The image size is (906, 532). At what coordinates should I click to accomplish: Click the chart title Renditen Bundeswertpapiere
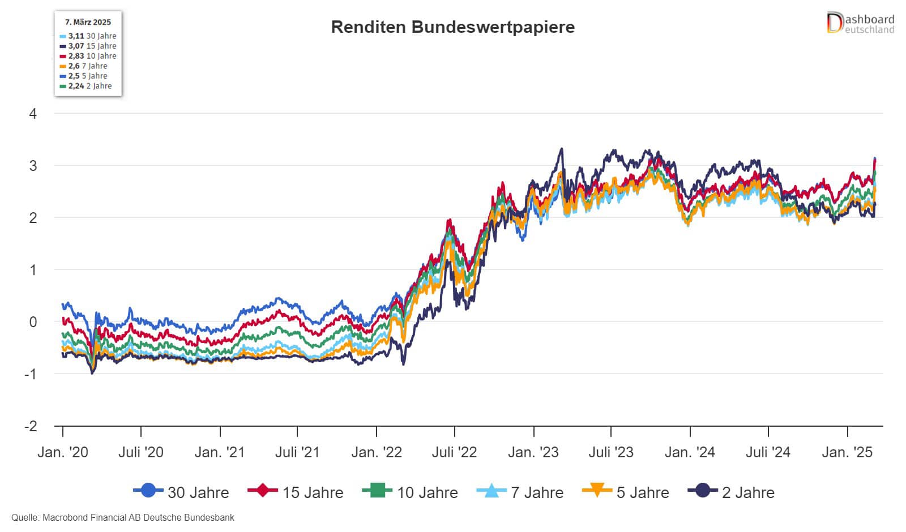[x=452, y=27]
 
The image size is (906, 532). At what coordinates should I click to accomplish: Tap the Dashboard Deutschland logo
[x=860, y=24]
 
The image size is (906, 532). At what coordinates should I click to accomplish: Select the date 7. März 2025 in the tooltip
[x=88, y=22]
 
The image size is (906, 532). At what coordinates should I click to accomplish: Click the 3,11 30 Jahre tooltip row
[x=88, y=36]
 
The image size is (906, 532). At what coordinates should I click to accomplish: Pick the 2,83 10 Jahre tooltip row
[x=88, y=56]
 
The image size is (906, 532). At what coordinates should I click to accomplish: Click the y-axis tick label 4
[x=33, y=114]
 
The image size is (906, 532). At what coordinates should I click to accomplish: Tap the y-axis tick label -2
[x=31, y=426]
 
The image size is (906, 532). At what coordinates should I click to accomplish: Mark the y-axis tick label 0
[x=33, y=322]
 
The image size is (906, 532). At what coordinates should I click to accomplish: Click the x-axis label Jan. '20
[x=62, y=453]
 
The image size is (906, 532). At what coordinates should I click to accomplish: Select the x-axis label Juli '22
[x=454, y=453]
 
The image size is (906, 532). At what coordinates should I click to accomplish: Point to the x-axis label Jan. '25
[x=847, y=453]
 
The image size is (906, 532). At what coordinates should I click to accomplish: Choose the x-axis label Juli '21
[x=297, y=453]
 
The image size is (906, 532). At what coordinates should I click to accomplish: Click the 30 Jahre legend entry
[x=181, y=492]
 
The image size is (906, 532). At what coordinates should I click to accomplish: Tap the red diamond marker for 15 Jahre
[x=263, y=490]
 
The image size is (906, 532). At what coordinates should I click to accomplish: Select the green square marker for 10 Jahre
[x=377, y=490]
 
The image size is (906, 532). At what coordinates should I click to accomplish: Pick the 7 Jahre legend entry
[x=521, y=492]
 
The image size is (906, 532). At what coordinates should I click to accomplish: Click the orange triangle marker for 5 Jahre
[x=597, y=490]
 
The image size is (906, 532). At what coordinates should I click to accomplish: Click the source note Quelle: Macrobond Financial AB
[x=122, y=518]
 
